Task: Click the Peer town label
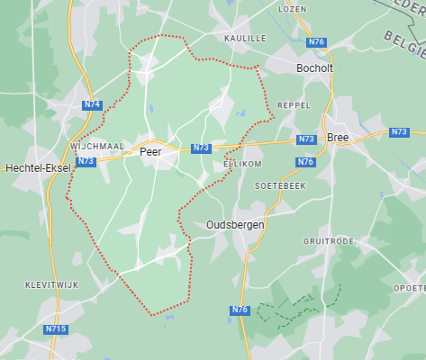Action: tap(150, 153)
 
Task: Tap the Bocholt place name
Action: tap(315, 68)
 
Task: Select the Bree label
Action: tap(338, 138)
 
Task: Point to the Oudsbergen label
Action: tap(234, 224)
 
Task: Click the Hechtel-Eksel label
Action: tap(39, 168)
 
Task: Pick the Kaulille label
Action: tap(245, 39)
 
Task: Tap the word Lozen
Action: tap(293, 8)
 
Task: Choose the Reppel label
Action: tap(293, 104)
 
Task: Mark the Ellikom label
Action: tap(240, 166)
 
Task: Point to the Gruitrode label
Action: tap(326, 242)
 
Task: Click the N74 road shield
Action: tap(92, 105)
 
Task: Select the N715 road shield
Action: tap(56, 329)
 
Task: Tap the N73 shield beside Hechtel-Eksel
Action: tap(86, 161)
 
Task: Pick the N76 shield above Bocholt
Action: tap(315, 42)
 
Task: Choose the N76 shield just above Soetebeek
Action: tap(305, 162)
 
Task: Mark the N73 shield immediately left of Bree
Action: tap(306, 139)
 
